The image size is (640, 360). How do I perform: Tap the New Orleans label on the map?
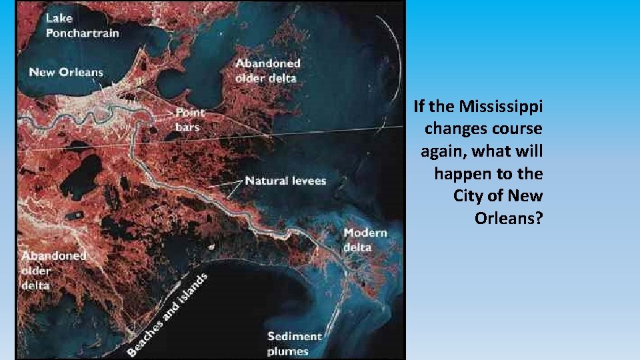(66, 72)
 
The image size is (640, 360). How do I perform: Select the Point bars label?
(191, 119)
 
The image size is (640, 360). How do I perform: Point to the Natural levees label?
(285, 181)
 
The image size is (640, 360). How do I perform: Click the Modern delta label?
(365, 240)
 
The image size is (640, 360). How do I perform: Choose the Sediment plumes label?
(294, 343)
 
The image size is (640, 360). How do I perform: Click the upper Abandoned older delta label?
(268, 70)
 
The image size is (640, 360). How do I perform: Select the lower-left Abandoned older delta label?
(53, 270)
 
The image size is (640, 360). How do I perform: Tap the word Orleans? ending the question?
(509, 218)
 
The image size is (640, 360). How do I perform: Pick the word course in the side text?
(518, 129)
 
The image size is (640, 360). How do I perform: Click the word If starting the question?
(420, 106)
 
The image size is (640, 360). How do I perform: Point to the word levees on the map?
(305, 181)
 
